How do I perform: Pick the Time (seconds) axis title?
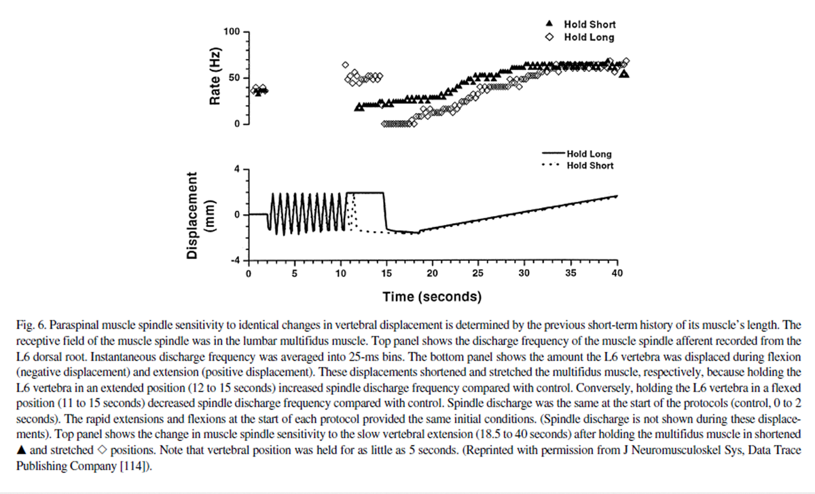tap(432, 297)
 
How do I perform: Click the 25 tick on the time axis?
tap(478, 274)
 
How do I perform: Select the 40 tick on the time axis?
tap(617, 274)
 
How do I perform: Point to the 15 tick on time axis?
tap(386, 274)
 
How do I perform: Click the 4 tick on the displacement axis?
tap(238, 169)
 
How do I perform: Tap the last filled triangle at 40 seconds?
tap(624, 74)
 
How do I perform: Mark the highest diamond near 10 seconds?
tap(345, 65)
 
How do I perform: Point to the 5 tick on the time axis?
tap(294, 274)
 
